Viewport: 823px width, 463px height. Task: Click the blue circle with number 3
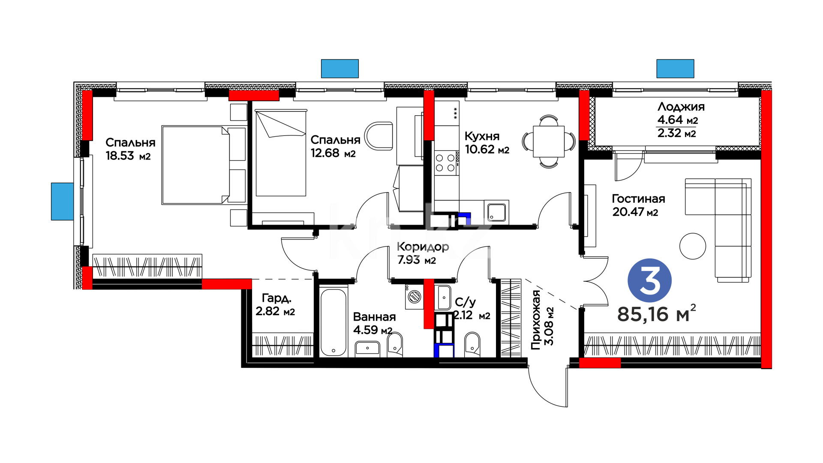[649, 280]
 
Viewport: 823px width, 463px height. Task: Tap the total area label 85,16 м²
[656, 314]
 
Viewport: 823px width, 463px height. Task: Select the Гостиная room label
[638, 198]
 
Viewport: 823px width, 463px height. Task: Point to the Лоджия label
[681, 107]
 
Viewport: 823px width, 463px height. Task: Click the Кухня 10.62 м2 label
[487, 143]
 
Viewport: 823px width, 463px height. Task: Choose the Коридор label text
[423, 247]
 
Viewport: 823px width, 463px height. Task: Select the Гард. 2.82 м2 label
[275, 304]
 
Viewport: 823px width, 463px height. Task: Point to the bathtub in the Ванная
[333, 322]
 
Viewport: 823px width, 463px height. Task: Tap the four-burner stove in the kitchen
[446, 163]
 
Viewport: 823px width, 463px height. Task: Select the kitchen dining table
[549, 141]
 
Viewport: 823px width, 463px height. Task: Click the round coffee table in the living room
[693, 246]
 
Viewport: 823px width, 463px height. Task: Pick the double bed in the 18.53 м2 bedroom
[204, 165]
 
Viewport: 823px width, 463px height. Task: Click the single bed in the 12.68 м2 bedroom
[281, 153]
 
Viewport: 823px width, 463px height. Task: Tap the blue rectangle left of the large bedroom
[63, 201]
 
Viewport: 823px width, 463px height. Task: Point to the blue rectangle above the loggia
[675, 69]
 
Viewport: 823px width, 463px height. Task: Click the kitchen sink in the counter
[497, 212]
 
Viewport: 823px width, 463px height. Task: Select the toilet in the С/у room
[472, 344]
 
